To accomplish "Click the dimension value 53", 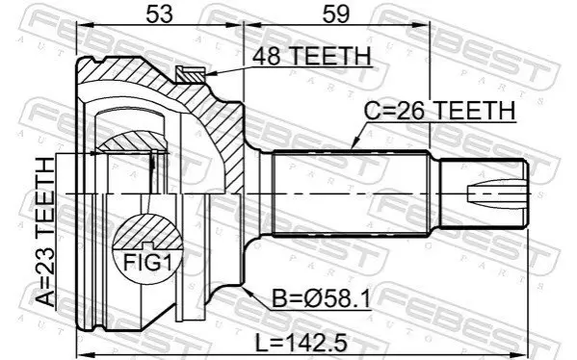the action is coord(159,14).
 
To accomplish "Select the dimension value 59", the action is coord(335,14).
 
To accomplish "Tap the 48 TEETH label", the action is coord(312,56).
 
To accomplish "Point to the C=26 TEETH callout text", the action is coord(439,111).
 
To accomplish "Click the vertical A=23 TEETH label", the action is coord(45,232).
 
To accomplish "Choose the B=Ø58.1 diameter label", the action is coord(321,298).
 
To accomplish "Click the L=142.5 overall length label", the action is coord(302,344).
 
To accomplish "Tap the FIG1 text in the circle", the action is coord(147,263).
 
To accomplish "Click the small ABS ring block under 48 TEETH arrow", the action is coord(190,75).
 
